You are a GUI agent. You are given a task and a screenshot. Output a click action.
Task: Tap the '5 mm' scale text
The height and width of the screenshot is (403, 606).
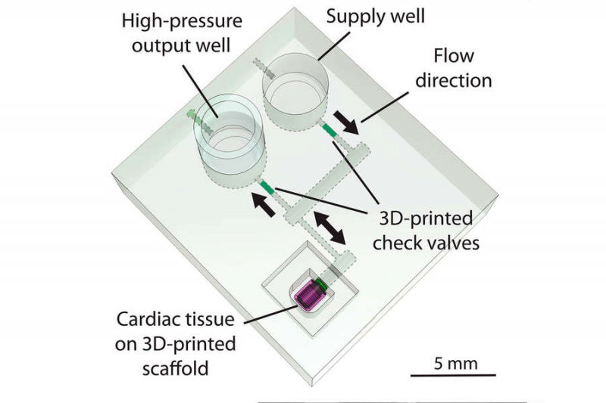(x=455, y=364)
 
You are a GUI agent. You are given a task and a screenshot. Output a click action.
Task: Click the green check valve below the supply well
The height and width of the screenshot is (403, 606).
(x=330, y=132)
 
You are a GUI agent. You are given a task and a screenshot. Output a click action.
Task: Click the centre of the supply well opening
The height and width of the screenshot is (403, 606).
(x=295, y=91)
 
